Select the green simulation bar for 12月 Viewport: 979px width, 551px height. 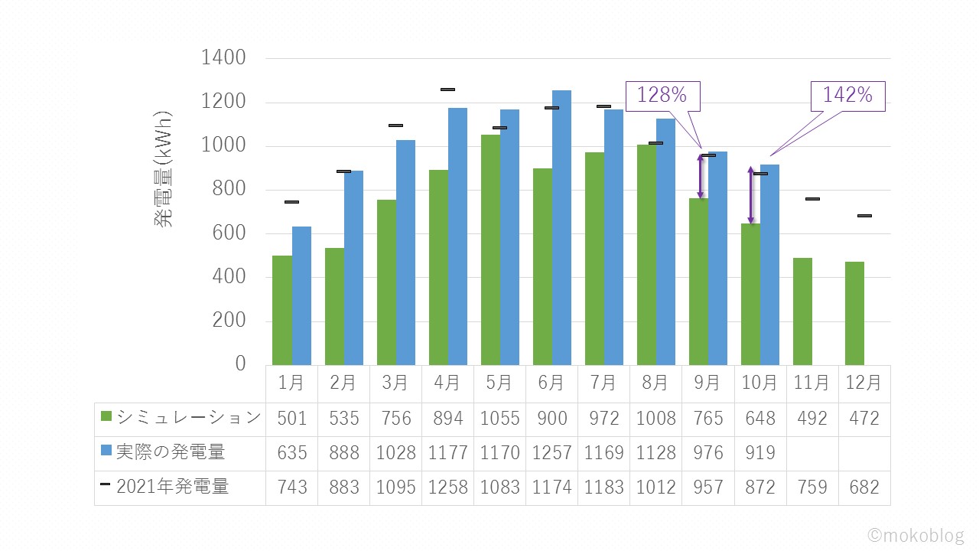[x=854, y=313]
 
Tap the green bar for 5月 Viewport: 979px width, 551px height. [x=490, y=249]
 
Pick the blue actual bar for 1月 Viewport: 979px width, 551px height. [x=301, y=295]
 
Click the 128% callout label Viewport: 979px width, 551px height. [x=663, y=95]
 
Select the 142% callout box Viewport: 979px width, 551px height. [x=847, y=96]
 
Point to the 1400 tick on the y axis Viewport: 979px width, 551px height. [x=223, y=58]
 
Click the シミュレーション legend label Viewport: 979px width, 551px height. [x=188, y=418]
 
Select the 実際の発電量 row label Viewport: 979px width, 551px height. [x=171, y=452]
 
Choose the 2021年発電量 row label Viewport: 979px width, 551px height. [x=172, y=487]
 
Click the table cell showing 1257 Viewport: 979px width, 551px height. [x=551, y=453]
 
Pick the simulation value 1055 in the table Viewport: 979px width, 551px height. [x=499, y=419]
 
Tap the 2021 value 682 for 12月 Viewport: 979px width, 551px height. [x=864, y=487]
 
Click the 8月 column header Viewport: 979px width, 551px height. [x=655, y=383]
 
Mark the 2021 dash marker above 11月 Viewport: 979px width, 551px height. [x=812, y=199]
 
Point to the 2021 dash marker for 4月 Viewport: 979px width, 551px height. [x=447, y=90]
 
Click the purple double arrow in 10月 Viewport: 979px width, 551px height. [x=750, y=195]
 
